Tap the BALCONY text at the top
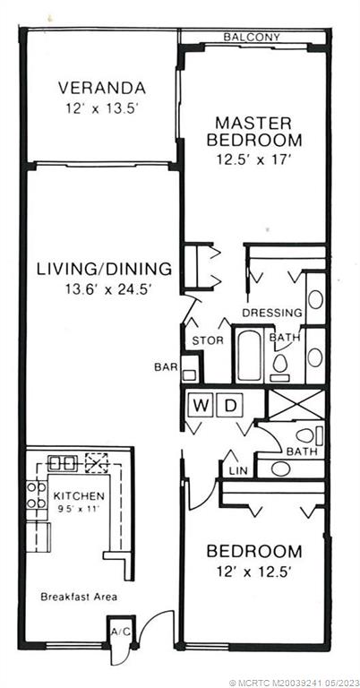(252, 37)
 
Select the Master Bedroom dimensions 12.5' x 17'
(253, 157)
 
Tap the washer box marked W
(201, 405)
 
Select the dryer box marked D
(228, 405)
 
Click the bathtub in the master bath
(248, 357)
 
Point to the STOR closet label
(208, 340)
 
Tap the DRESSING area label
(272, 313)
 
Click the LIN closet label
(237, 469)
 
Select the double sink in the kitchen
(62, 463)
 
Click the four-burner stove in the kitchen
(36, 495)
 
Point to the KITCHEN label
(79, 495)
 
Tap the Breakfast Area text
(79, 596)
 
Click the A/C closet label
(120, 631)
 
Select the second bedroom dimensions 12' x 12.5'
(254, 570)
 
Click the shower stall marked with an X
(294, 405)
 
